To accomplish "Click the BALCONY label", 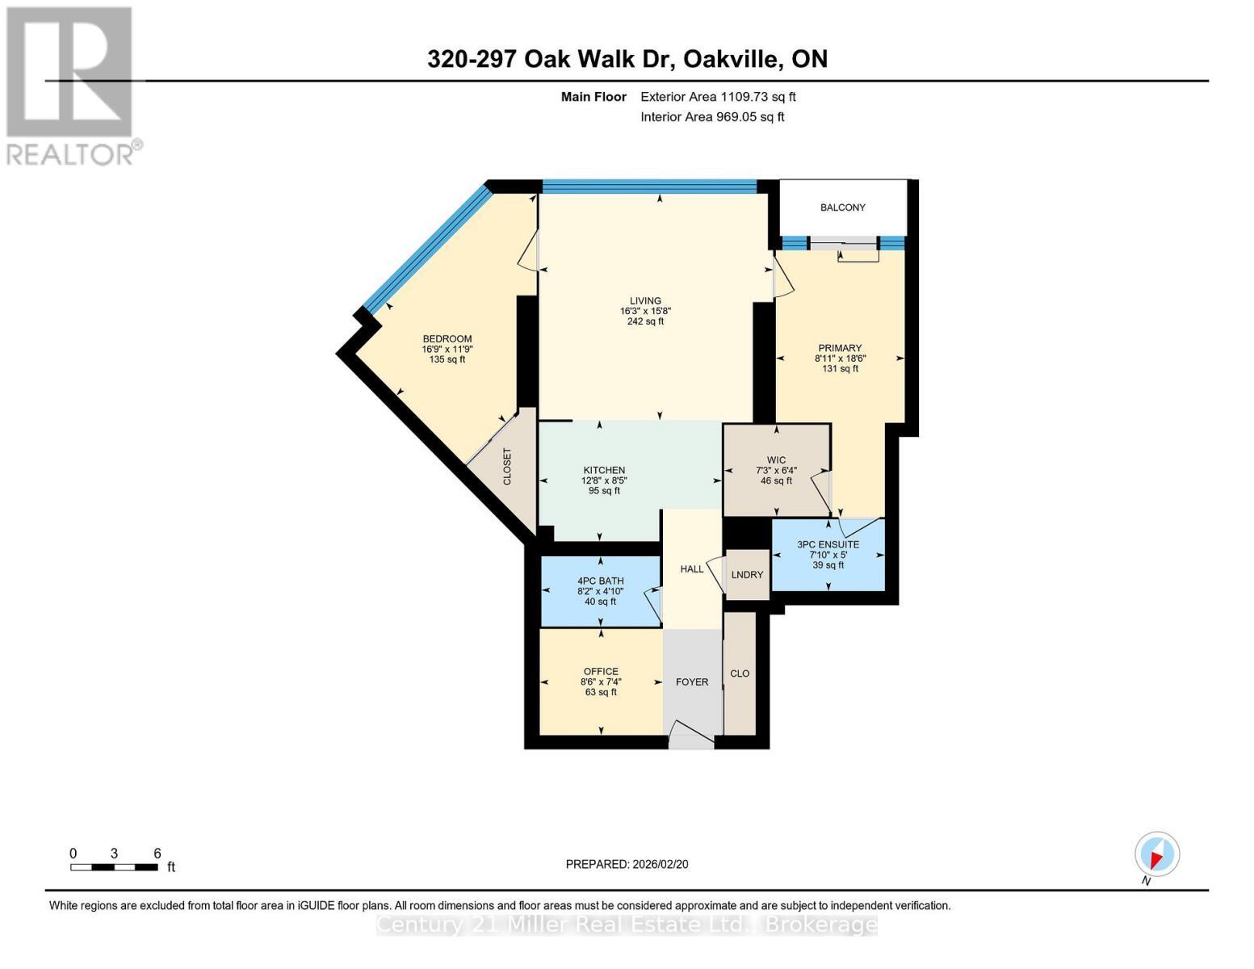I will tap(842, 208).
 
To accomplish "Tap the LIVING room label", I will tap(645, 301).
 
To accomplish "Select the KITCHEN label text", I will tap(604, 470).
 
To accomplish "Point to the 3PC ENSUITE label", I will tap(828, 544).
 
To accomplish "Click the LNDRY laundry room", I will tap(747, 574).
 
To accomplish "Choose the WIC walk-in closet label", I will tap(776, 460).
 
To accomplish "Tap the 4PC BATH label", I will tap(600, 581).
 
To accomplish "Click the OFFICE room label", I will tap(601, 671).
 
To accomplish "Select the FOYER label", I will tap(691, 682).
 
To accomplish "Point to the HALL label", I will tap(691, 568).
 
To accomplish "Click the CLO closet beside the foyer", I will tap(740, 673).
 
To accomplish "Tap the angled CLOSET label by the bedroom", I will tap(507, 467).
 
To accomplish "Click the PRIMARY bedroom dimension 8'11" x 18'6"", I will tap(840, 359).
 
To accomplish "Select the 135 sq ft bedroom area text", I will tap(447, 359).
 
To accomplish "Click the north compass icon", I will tap(1156, 854).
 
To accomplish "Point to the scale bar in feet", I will tap(114, 866).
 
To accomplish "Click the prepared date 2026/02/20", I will tap(627, 864).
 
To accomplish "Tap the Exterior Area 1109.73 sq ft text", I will tap(718, 97).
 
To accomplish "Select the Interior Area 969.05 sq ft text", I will tap(712, 117).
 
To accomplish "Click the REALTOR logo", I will tap(71, 85).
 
